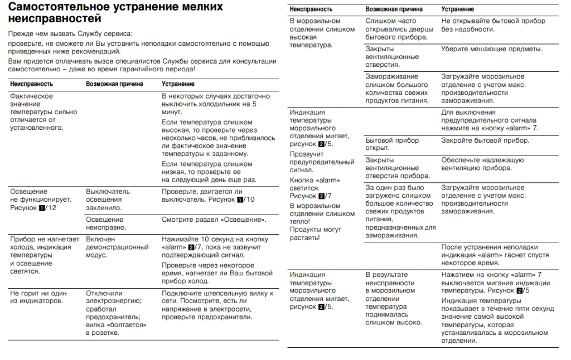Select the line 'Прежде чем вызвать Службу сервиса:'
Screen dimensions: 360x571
(70, 34)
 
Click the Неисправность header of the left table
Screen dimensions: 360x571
(31, 84)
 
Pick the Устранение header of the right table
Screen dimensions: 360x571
(458, 9)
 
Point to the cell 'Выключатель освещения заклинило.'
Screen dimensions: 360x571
(108, 200)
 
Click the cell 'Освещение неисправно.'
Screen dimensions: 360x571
(107, 223)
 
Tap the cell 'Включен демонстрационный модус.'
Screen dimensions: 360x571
(117, 247)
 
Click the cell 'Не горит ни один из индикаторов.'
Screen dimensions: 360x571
(38, 298)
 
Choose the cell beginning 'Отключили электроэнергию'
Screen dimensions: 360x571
(117, 313)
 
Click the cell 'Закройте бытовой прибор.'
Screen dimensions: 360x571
(485, 140)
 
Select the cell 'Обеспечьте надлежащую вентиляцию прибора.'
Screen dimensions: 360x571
(482, 164)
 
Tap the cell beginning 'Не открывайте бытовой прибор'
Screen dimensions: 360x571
(491, 25)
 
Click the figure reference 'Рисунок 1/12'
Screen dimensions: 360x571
(33, 208)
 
